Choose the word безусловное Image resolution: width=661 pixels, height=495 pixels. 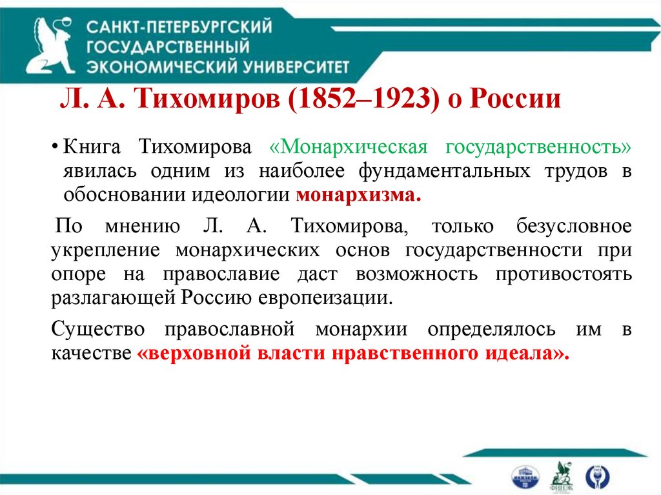[573, 227]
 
